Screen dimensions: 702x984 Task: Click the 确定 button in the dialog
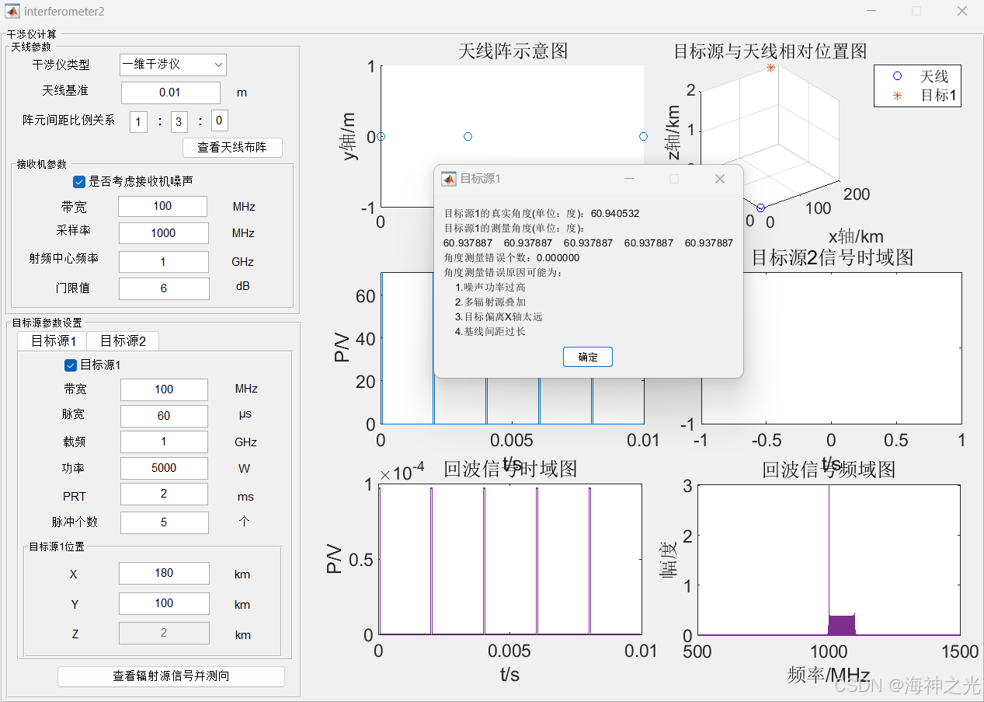click(588, 357)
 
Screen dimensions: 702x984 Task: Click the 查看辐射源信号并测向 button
click(171, 676)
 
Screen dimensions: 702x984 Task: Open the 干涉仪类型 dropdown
click(172, 65)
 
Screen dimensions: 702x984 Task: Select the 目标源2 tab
click(123, 341)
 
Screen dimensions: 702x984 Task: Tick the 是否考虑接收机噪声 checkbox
click(79, 181)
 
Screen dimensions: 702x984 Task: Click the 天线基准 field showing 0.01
click(170, 93)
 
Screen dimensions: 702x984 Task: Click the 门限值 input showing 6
click(163, 288)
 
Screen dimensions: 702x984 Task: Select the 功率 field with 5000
click(164, 468)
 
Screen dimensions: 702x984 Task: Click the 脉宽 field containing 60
click(164, 416)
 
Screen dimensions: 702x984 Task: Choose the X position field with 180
click(164, 573)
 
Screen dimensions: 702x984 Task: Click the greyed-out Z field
click(164, 633)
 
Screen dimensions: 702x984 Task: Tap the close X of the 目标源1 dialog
click(719, 179)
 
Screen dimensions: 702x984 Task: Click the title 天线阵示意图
click(513, 51)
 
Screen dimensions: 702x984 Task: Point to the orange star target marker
click(770, 68)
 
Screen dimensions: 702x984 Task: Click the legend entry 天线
click(934, 76)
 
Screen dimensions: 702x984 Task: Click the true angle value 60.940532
click(615, 213)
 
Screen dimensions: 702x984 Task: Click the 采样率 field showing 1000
click(163, 233)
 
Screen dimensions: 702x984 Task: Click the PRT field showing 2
click(164, 494)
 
